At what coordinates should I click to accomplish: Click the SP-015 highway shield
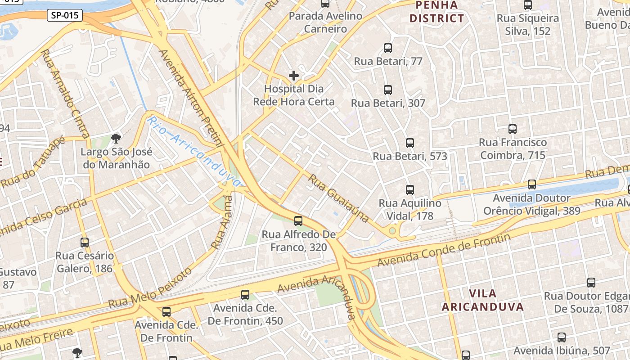(x=65, y=15)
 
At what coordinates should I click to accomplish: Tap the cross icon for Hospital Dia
(x=294, y=75)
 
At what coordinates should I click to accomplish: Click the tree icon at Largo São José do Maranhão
(x=116, y=138)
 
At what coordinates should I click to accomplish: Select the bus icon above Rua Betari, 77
(x=388, y=48)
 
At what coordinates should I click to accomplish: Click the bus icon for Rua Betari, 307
(x=388, y=90)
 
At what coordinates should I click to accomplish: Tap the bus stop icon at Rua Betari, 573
(x=409, y=143)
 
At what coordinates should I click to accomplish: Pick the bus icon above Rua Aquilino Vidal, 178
(x=409, y=190)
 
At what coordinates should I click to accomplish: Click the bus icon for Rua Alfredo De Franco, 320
(x=298, y=221)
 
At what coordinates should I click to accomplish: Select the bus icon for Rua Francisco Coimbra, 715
(x=513, y=129)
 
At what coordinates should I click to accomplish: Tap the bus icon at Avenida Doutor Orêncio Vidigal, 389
(x=532, y=184)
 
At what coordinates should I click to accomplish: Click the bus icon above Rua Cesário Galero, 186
(x=85, y=243)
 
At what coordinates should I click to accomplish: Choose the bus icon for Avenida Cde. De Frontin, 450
(x=245, y=295)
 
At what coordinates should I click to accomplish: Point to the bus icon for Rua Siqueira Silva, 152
(x=528, y=5)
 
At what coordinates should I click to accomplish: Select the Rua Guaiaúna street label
(x=339, y=198)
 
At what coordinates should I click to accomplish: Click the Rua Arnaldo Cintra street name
(x=65, y=93)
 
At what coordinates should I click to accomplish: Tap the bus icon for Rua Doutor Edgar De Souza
(x=591, y=283)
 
